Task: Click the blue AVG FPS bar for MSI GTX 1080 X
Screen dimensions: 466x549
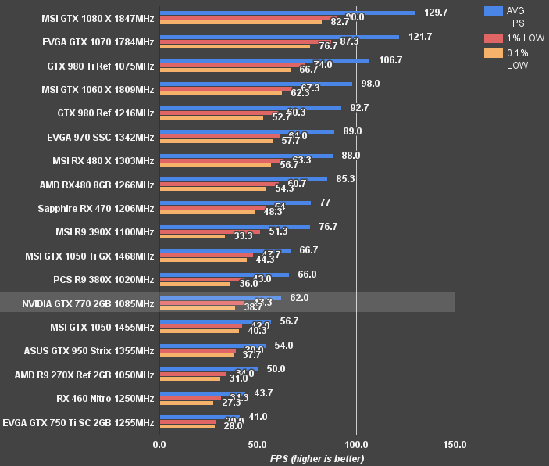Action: pyautogui.click(x=287, y=13)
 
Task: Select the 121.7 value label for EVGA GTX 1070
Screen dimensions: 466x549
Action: pyautogui.click(x=422, y=37)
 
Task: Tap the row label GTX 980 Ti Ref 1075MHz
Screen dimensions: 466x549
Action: pyautogui.click(x=101, y=66)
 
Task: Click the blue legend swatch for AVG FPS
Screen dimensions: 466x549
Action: pyautogui.click(x=493, y=11)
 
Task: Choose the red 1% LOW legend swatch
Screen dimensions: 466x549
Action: pyautogui.click(x=493, y=38)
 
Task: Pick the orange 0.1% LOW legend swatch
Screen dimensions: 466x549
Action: pyautogui.click(x=493, y=53)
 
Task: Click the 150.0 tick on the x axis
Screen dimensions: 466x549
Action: pyautogui.click(x=455, y=445)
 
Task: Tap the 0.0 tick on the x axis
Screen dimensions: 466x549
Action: pyautogui.click(x=159, y=445)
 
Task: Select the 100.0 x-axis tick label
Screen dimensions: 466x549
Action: pyautogui.click(x=356, y=445)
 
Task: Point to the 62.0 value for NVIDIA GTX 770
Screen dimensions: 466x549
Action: pyautogui.click(x=299, y=298)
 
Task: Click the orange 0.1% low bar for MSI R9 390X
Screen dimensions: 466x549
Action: pyautogui.click(x=192, y=236)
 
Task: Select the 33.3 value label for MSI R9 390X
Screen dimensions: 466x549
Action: pyautogui.click(x=243, y=236)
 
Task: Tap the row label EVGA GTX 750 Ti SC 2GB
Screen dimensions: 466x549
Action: pyautogui.click(x=79, y=422)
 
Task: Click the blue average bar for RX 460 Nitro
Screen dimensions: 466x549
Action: pyautogui.click(x=202, y=393)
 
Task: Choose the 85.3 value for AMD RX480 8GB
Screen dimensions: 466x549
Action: pyautogui.click(x=345, y=179)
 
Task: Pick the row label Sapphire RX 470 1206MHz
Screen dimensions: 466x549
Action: pyautogui.click(x=95, y=209)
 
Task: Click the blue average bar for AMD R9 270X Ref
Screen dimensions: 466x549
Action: pyautogui.click(x=209, y=369)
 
